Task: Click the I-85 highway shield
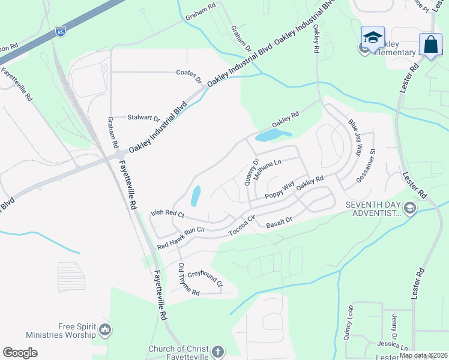pos(60,31)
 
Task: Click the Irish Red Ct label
pos(167,213)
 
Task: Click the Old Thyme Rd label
pos(188,280)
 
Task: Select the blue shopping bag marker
pos(430,44)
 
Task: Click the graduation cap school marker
pos(373,37)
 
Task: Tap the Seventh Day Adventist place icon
pos(410,208)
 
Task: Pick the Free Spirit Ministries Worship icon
pos(105,329)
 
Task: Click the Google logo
pos(20,353)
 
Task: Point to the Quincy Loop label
pos(348,324)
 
